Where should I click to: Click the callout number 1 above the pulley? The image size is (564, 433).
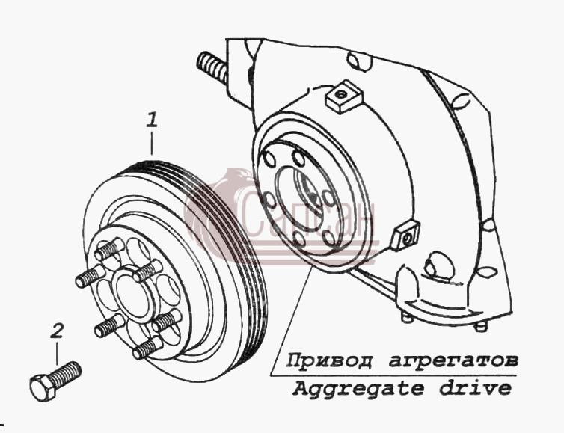tap(152, 120)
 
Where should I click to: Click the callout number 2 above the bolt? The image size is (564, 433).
tap(57, 331)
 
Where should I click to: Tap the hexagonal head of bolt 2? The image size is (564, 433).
tap(43, 387)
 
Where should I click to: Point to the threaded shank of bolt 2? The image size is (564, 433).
tap(65, 374)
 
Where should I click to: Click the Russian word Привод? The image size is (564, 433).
tap(329, 360)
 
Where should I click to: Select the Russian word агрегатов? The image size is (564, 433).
tap(453, 360)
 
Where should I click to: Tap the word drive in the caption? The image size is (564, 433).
tap(475, 387)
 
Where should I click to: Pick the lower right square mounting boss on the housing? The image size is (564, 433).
tap(405, 235)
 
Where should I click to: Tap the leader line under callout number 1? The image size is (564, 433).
tap(152, 143)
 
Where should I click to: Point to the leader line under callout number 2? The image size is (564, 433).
tap(56, 353)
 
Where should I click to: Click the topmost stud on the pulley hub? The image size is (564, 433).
tap(108, 249)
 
